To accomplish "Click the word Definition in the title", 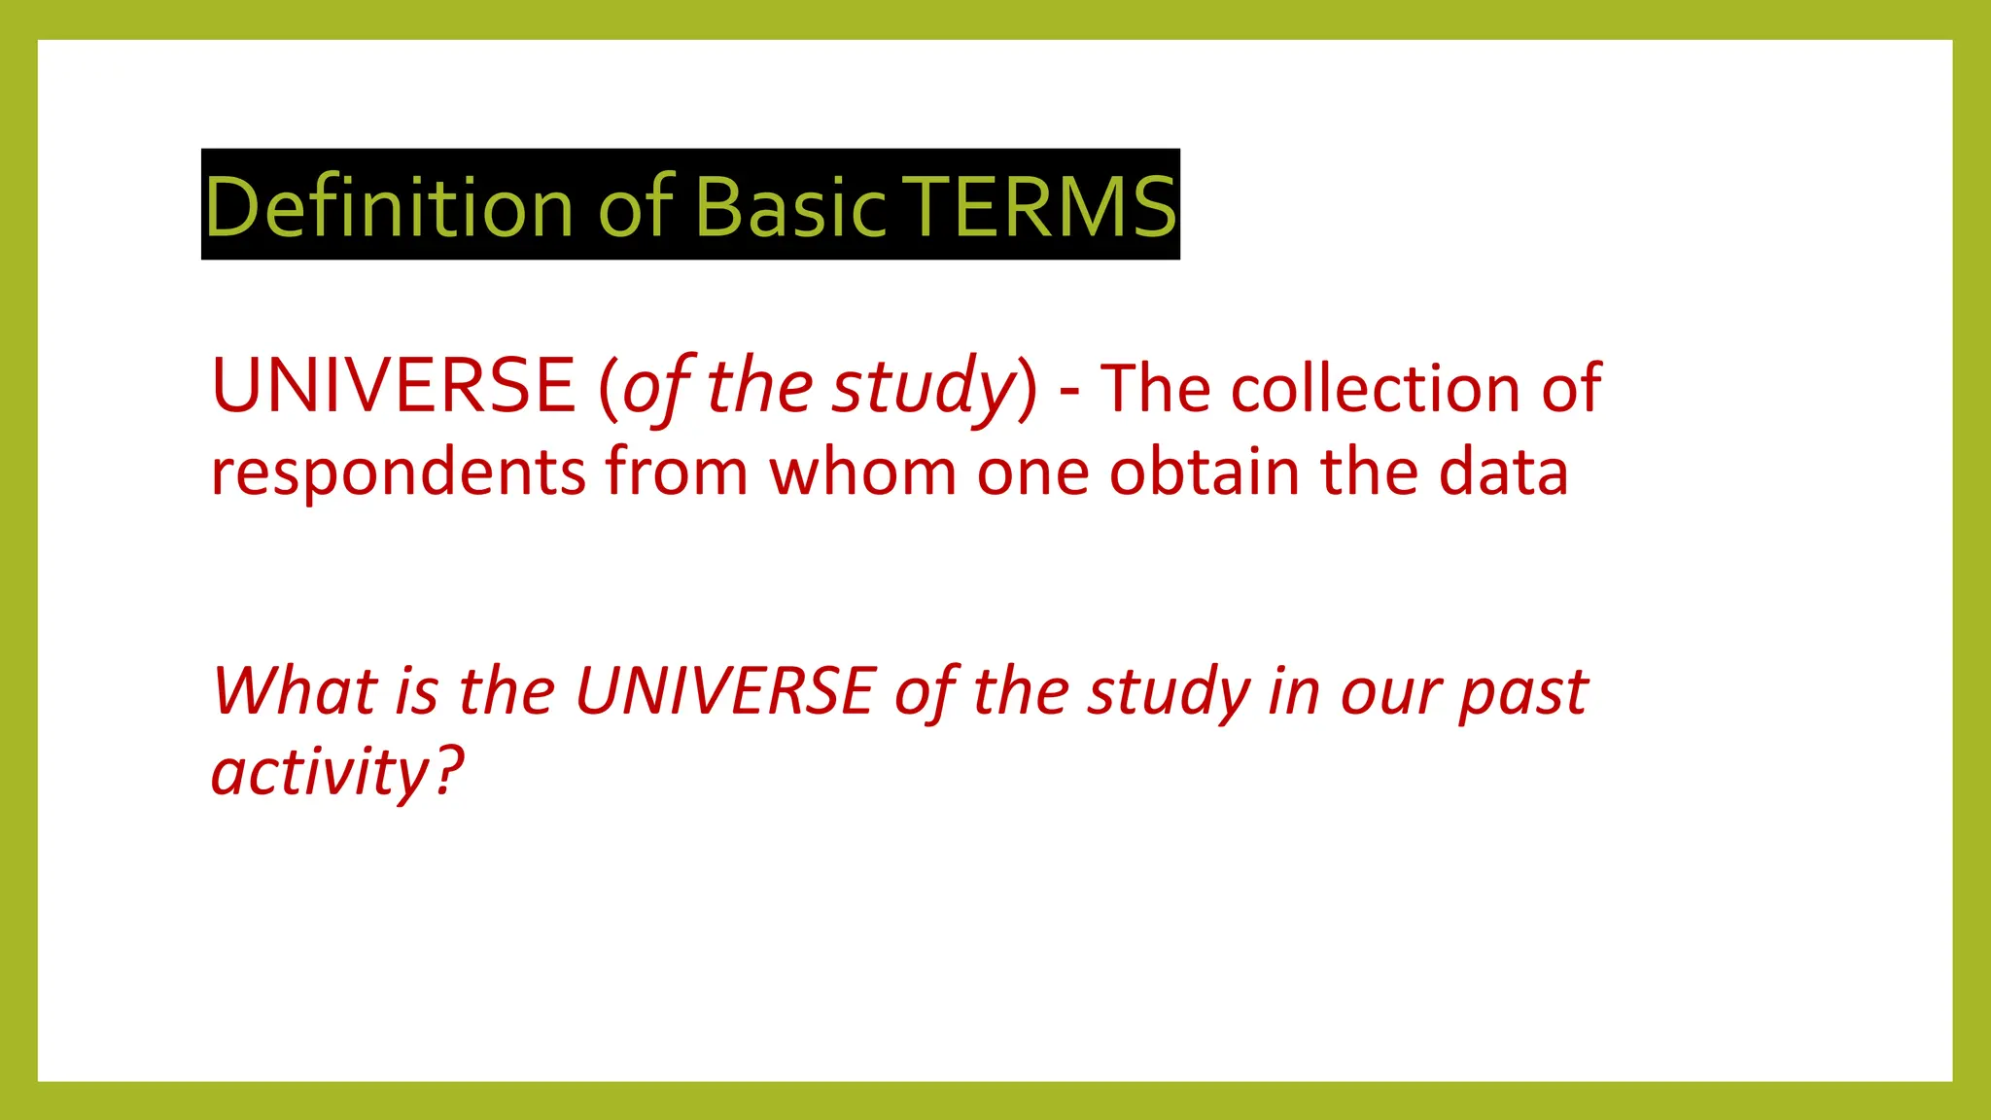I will coord(389,206).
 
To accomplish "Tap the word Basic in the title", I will coord(791,206).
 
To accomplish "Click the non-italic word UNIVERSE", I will coord(393,385).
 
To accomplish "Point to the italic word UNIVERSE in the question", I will coord(725,691).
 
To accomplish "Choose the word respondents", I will coord(398,473).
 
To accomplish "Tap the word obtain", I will coord(1205,472).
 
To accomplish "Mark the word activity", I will coord(320,773).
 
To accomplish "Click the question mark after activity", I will coord(448,771).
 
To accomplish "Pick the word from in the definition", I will coord(676,472).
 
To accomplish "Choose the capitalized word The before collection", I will coord(1156,388).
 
